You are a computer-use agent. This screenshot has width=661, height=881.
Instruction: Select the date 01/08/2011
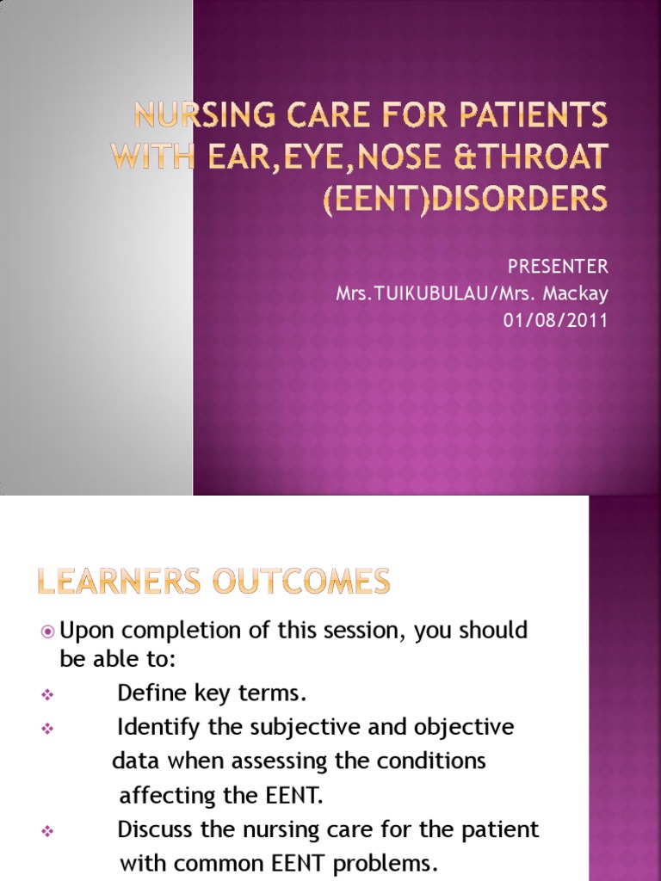coord(555,321)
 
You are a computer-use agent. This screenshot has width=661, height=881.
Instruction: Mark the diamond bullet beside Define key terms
coord(47,694)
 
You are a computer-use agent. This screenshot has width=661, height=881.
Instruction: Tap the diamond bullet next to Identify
coord(47,729)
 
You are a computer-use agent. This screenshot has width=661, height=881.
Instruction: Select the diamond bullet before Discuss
coord(47,832)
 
